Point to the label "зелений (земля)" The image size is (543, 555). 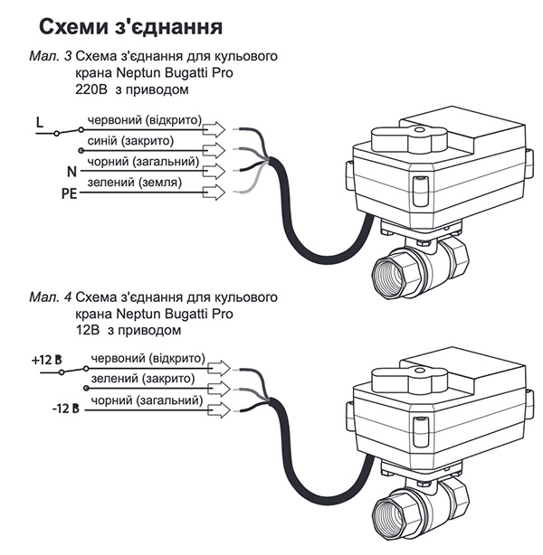(x=133, y=183)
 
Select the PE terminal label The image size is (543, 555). (x=43, y=192)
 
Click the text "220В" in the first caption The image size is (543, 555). (x=91, y=89)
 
